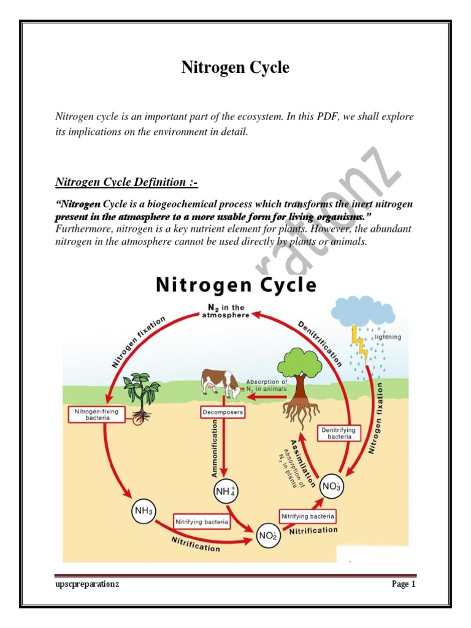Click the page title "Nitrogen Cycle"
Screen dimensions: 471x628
235,67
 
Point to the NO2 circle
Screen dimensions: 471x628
267,537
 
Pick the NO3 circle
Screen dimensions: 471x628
332,488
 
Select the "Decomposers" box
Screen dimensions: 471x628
223,413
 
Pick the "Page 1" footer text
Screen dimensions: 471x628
404,584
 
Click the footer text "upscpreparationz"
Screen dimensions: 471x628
86,584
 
